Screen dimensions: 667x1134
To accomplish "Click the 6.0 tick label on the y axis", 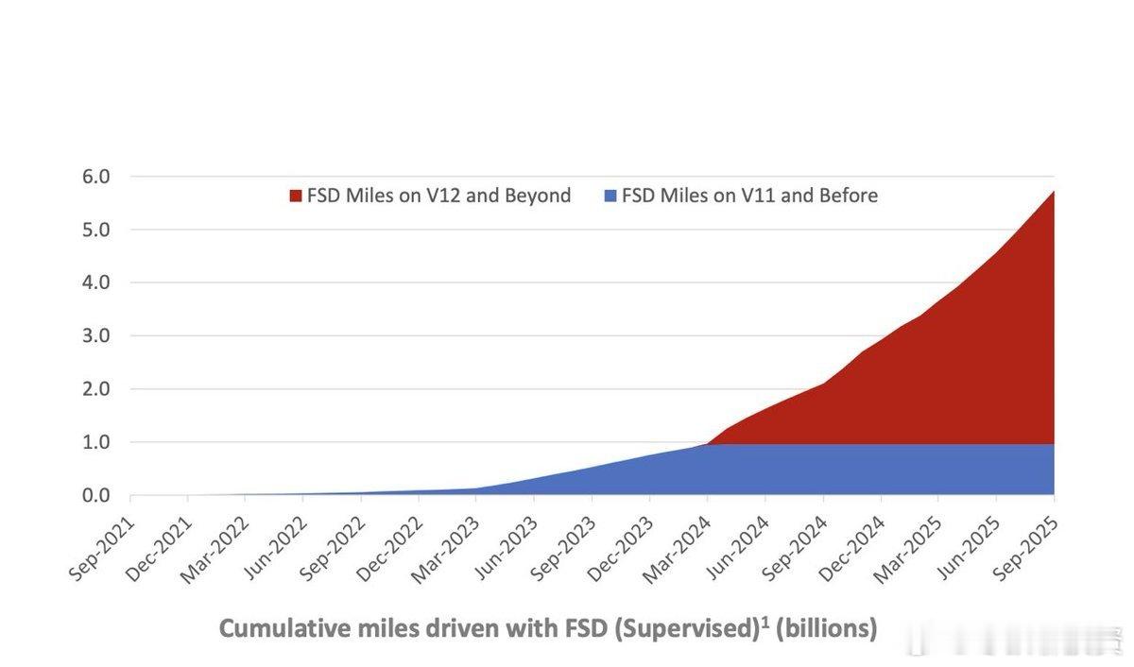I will point(96,177).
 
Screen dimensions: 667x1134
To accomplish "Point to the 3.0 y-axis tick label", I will point(96,335).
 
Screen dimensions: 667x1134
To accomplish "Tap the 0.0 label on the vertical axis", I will point(96,495).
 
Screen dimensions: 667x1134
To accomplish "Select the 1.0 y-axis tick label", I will point(96,442).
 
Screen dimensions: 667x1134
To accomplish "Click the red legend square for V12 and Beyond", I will point(296,196).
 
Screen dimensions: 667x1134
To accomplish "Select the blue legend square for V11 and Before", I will point(610,196).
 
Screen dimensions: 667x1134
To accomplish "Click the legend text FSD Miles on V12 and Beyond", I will point(438,196).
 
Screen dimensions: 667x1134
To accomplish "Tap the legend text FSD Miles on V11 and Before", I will point(749,196).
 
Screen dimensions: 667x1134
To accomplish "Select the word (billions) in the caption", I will point(826,628).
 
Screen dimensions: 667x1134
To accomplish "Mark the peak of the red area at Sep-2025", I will point(1053,192).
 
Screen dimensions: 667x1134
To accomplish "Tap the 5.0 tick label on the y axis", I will point(96,230).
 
